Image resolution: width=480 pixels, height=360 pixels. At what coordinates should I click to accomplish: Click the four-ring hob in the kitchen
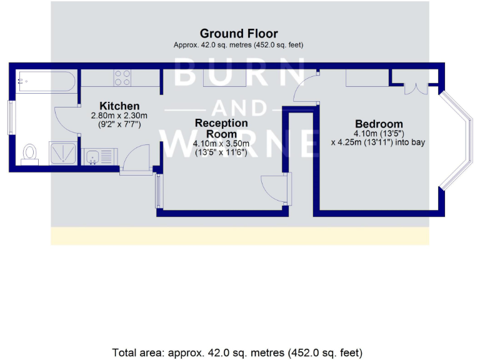tap(122, 77)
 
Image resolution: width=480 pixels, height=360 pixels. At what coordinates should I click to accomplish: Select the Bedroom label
tap(379, 123)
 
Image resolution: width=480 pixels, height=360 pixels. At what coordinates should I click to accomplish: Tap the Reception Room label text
tap(221, 128)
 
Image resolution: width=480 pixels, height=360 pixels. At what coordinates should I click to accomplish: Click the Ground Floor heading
tap(239, 33)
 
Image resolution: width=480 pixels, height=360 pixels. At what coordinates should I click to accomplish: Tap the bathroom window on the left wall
tap(11, 117)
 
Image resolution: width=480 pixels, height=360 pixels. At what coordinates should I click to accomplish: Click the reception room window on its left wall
tap(157, 191)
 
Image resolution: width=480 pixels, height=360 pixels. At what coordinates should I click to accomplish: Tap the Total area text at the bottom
tap(237, 352)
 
